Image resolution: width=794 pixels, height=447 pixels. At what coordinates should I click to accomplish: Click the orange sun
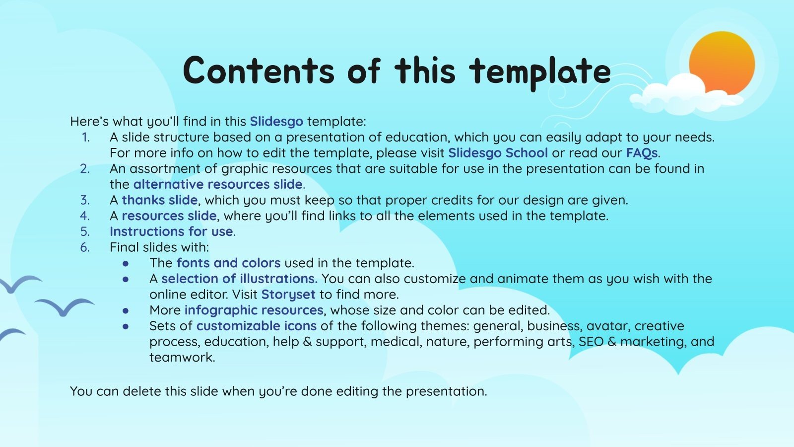(722, 64)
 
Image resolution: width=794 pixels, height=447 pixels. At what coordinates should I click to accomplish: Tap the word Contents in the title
(259, 70)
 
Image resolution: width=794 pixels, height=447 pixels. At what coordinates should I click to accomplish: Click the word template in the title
(539, 73)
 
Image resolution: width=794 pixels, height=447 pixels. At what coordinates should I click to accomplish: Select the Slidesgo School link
(498, 153)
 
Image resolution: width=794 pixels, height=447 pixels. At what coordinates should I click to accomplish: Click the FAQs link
(642, 153)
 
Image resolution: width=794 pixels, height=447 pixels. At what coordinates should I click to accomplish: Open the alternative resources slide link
(218, 184)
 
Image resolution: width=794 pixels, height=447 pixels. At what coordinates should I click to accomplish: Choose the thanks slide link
(159, 200)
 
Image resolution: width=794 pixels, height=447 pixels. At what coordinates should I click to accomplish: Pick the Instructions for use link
(171, 231)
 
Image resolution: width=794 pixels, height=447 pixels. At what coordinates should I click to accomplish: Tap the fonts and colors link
(229, 263)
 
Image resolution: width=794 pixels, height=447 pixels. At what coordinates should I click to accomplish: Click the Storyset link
(288, 295)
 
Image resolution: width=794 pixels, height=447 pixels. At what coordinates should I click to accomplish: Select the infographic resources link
(254, 310)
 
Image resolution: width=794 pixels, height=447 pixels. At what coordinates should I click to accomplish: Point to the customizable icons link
(256, 326)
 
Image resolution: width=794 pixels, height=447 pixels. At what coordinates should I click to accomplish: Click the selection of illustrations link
(240, 279)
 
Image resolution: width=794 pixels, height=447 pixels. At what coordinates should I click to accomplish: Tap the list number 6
(85, 247)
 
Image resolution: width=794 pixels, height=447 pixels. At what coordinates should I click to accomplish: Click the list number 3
(85, 200)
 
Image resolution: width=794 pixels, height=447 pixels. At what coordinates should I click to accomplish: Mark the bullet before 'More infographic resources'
(126, 311)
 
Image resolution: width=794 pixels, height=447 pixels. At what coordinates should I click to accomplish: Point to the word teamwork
(182, 357)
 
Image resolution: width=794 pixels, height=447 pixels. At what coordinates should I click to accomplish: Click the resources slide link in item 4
(169, 216)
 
